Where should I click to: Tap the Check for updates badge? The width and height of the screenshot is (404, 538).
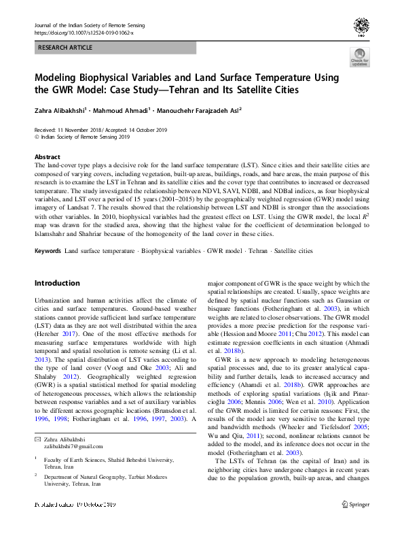[x=359, y=58]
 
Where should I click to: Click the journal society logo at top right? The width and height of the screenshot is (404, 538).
[x=361, y=27]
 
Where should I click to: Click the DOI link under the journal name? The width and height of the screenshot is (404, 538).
[x=84, y=33]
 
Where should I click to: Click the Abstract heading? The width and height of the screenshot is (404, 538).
[x=48, y=156]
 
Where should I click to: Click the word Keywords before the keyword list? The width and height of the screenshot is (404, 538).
[x=48, y=251]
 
